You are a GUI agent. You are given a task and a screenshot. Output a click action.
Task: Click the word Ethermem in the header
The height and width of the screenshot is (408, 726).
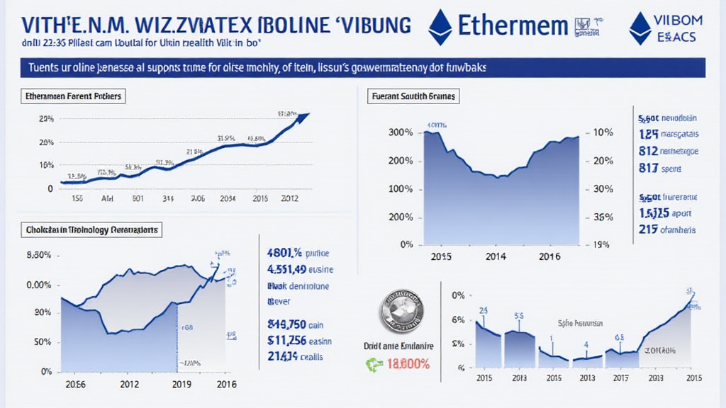(x=513, y=25)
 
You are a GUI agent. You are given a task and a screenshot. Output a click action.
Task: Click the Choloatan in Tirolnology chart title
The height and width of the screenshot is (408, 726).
(x=84, y=230)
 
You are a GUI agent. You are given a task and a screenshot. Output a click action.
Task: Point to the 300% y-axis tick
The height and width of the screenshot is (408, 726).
(x=401, y=132)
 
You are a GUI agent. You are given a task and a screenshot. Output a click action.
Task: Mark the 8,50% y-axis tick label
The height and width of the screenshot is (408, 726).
(x=38, y=255)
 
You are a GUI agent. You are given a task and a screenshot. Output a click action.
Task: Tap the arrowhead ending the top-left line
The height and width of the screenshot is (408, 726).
(x=305, y=115)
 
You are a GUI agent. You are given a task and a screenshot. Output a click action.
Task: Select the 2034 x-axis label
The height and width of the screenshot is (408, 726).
(x=228, y=199)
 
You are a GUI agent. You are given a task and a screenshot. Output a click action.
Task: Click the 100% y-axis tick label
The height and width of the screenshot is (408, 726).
(x=401, y=189)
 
